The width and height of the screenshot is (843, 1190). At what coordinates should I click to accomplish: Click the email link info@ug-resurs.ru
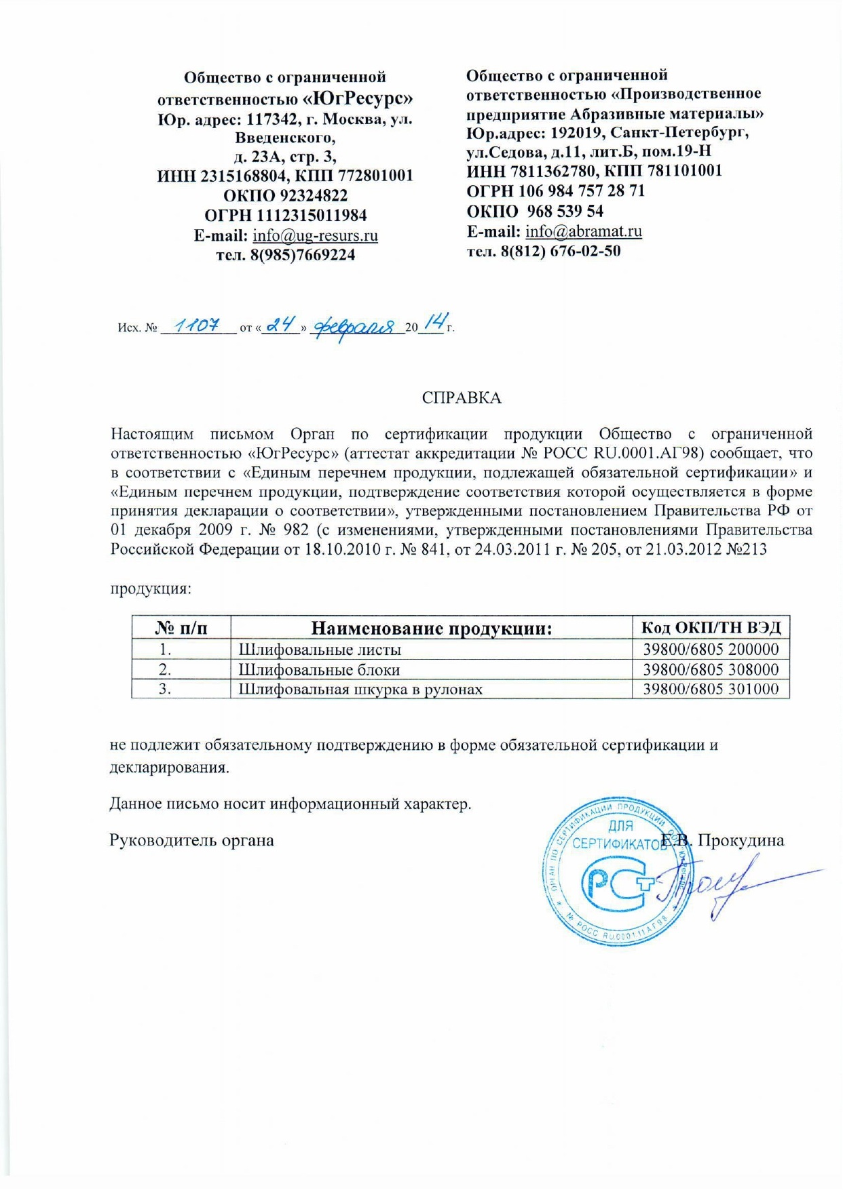tap(315, 236)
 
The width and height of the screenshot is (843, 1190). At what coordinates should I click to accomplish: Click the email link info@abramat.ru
tap(584, 231)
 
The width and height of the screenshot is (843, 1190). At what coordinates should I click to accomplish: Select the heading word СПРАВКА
tap(462, 398)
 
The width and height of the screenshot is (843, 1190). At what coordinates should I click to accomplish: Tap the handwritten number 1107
tap(198, 326)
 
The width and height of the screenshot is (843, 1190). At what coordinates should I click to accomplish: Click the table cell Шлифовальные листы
tap(320, 650)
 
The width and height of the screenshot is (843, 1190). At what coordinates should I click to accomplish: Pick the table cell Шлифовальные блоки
tap(319, 670)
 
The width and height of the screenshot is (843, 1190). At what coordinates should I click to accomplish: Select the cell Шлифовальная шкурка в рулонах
tap(360, 690)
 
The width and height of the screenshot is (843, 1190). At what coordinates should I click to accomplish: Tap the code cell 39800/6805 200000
tap(711, 650)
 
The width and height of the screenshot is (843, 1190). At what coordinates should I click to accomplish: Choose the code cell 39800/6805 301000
tap(711, 690)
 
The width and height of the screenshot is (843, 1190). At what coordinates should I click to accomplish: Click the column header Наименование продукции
tap(431, 629)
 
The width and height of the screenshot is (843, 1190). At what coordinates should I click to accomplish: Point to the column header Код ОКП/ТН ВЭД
tap(711, 628)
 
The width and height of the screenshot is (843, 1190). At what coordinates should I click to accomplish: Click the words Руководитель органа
tap(192, 841)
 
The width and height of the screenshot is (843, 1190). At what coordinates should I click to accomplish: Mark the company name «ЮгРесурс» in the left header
tap(358, 99)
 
